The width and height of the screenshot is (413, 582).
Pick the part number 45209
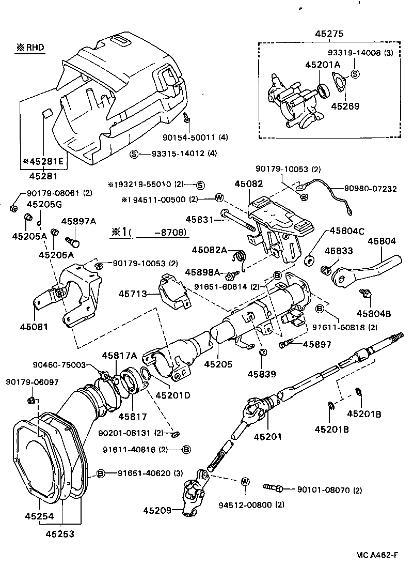pos(157,511)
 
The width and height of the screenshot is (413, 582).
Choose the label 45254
pos(39,516)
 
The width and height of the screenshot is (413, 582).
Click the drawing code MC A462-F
pos(377,556)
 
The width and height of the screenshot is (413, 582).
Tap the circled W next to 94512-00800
pos(245,482)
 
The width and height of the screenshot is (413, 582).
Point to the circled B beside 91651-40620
pos(101,473)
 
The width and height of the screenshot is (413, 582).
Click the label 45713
pos(133,293)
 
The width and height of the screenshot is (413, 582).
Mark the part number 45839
pos(261,374)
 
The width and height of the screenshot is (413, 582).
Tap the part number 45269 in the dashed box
pos(345,106)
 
